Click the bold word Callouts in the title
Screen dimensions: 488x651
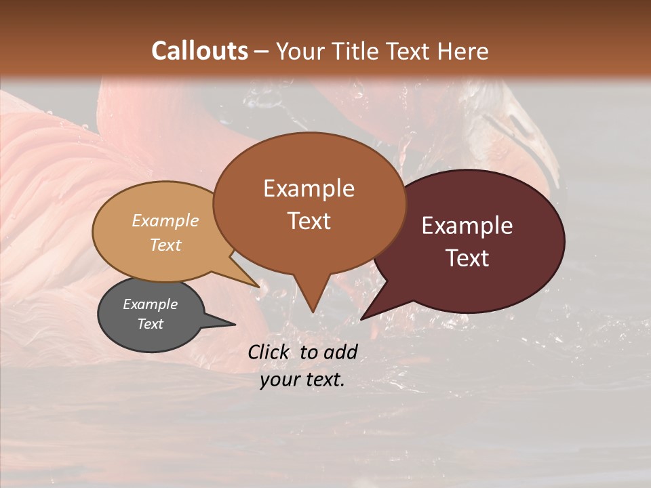(199, 51)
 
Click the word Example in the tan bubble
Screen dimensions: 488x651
(165, 221)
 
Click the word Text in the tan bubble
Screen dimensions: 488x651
(165, 245)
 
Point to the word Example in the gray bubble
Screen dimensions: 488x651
(151, 304)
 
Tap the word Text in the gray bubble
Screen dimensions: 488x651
(151, 324)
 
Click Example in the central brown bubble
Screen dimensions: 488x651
(309, 188)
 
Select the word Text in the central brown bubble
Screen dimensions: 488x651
(309, 221)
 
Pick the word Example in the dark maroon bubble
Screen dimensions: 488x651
(467, 226)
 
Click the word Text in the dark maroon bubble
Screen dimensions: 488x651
(467, 258)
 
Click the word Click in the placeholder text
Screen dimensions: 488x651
(269, 352)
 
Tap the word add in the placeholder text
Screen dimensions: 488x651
(340, 352)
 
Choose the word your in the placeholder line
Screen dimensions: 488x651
(278, 380)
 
